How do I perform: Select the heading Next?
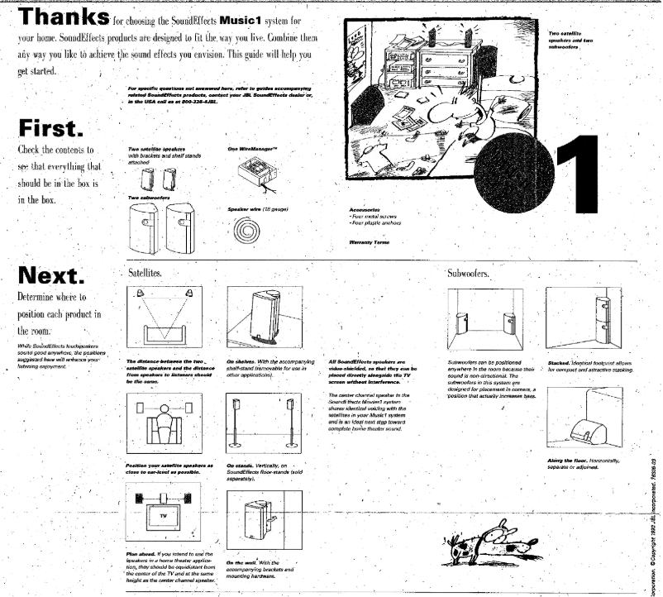point(54,275)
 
